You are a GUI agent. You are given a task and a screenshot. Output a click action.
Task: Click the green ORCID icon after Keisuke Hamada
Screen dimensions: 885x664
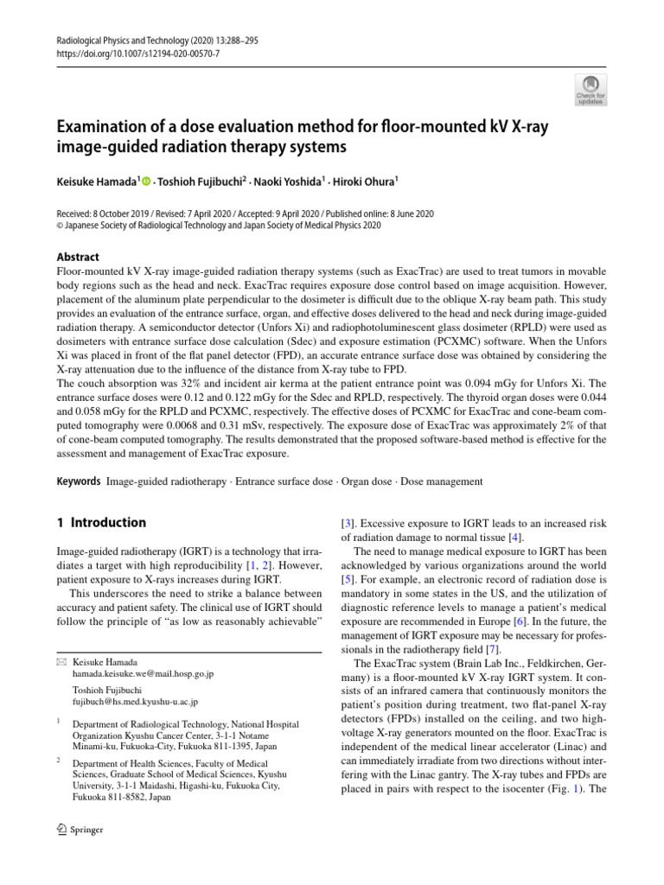pos(145,181)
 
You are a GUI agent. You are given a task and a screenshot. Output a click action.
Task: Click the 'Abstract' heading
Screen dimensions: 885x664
pos(78,258)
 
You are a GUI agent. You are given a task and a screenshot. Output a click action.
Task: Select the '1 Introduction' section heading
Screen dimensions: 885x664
pos(101,523)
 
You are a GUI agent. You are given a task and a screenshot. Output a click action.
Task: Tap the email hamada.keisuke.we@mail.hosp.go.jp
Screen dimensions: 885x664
pos(143,672)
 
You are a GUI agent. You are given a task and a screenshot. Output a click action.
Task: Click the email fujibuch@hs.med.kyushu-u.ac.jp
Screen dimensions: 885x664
pos(136,703)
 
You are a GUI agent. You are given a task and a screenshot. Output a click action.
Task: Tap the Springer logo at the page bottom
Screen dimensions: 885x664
pos(80,831)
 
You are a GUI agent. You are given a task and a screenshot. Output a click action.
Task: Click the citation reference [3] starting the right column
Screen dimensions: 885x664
pos(348,524)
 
